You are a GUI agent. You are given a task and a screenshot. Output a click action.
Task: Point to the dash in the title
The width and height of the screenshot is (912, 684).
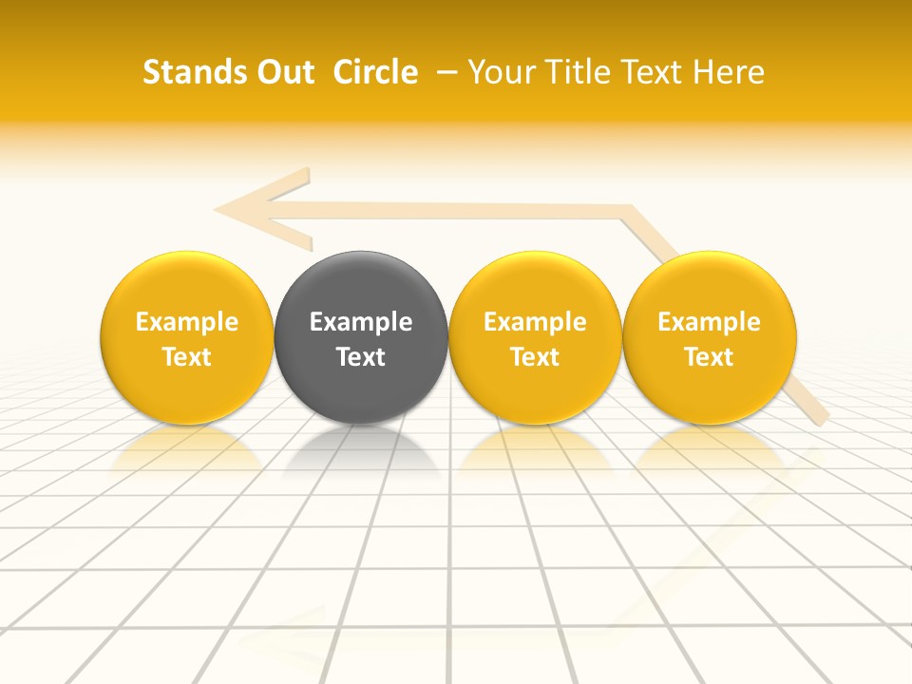[444, 72]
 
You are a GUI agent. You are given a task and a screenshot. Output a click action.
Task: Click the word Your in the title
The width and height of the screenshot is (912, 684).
[498, 72]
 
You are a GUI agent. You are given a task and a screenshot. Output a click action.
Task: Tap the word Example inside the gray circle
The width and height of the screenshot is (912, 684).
[361, 322]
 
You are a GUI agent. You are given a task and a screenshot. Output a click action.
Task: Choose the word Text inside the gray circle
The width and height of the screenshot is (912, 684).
[361, 357]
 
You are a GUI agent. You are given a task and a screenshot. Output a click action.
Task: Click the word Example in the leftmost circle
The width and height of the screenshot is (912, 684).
[186, 322]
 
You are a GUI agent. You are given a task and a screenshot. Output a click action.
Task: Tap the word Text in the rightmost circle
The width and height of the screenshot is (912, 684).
[709, 357]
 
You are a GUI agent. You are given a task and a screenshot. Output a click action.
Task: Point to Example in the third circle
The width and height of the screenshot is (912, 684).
[535, 322]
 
